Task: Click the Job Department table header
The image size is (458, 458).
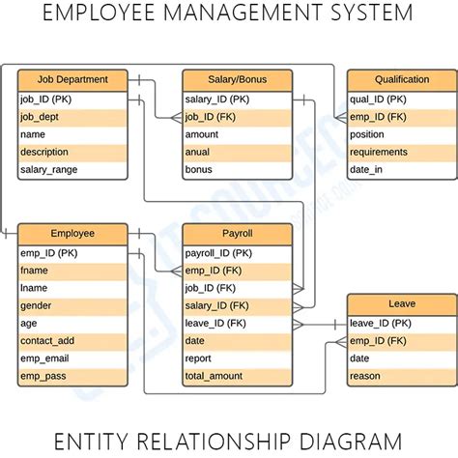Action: pyautogui.click(x=72, y=80)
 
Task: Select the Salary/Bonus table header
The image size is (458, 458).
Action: pyautogui.click(x=237, y=80)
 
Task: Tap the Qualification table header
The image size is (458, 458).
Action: pyautogui.click(x=401, y=80)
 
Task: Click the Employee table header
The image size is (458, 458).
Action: pyautogui.click(x=72, y=233)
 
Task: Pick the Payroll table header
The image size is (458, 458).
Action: pyautogui.click(x=237, y=233)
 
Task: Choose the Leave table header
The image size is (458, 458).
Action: pyautogui.click(x=401, y=303)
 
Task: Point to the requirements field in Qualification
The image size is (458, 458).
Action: pyautogui.click(x=379, y=153)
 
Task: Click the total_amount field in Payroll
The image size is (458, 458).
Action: pyautogui.click(x=215, y=376)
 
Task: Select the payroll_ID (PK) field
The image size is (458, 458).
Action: pyautogui.click(x=218, y=252)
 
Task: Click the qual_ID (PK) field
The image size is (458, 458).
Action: pyautogui.click(x=378, y=99)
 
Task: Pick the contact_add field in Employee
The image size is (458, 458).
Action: pyautogui.click(x=47, y=341)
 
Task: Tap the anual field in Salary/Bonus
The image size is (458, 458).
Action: pyautogui.click(x=200, y=153)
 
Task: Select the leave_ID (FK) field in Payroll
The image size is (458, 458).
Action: pyautogui.click(x=215, y=323)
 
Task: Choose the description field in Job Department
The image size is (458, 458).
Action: pyautogui.click(x=46, y=153)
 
